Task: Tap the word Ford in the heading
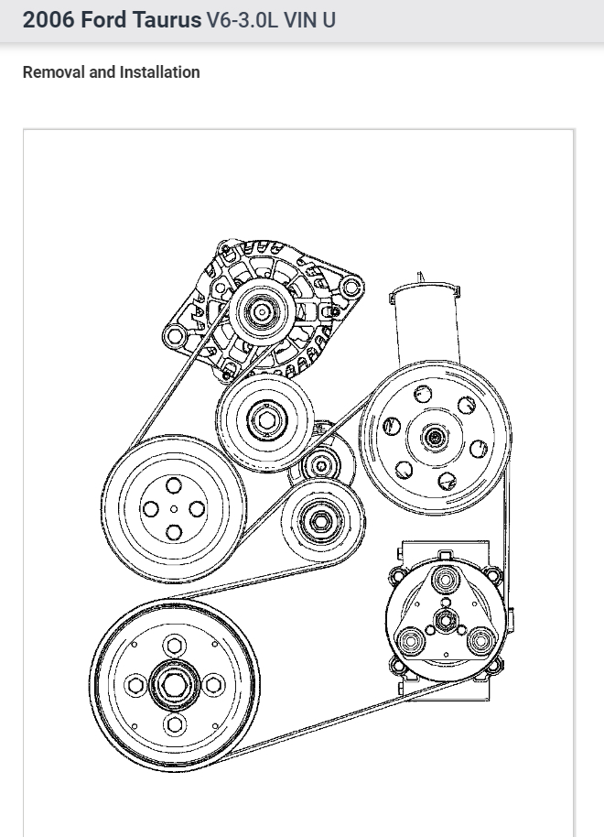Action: pos(110,19)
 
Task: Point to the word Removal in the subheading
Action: pos(53,72)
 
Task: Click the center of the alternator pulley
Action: pos(262,311)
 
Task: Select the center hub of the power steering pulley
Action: pos(434,436)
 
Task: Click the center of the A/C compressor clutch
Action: pos(445,622)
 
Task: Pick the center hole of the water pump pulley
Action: pos(174,509)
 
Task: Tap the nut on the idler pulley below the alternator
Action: pos(265,422)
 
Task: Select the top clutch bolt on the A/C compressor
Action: pos(446,579)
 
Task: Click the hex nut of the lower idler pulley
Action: pos(320,519)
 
